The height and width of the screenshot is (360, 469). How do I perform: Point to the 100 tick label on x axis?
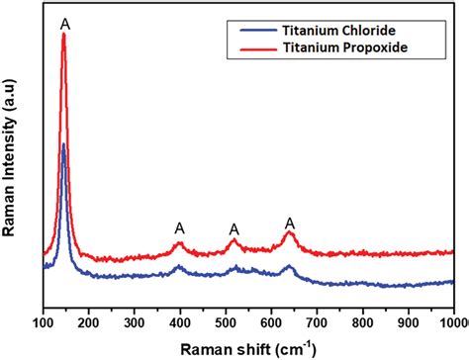pyautogui.click(x=44, y=322)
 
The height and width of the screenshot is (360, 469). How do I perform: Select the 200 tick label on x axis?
pyautogui.click(x=89, y=322)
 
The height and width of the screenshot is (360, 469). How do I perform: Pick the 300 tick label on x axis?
pyautogui.click(x=135, y=322)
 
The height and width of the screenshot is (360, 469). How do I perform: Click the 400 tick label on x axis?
pyautogui.click(x=180, y=322)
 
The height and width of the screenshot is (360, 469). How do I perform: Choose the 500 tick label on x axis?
pyautogui.click(x=226, y=322)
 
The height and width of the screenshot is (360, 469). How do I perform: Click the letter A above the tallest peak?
pyautogui.click(x=64, y=22)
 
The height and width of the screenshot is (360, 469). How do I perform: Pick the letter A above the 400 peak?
pyautogui.click(x=179, y=227)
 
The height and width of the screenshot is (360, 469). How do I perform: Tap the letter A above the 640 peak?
pyautogui.click(x=290, y=223)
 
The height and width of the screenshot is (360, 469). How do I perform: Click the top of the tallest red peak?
pyautogui.click(x=64, y=35)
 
